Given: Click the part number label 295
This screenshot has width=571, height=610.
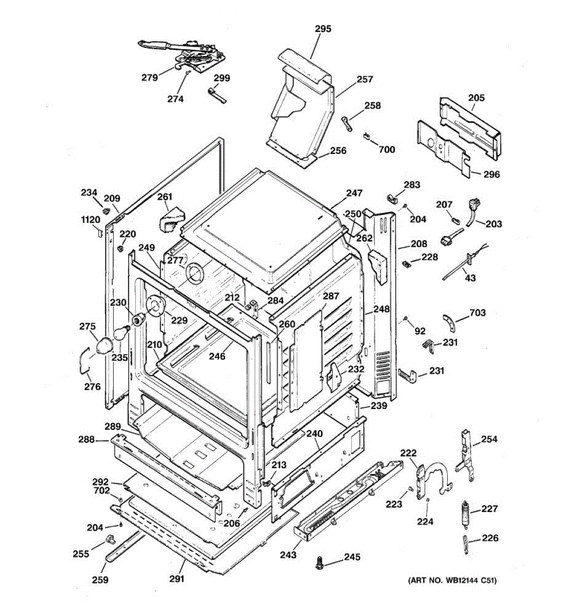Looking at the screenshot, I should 323,29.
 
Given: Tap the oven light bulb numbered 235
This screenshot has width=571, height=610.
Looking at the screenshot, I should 121,334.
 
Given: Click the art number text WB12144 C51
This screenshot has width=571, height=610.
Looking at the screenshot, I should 452,580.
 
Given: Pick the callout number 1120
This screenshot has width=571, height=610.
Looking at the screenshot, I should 91,220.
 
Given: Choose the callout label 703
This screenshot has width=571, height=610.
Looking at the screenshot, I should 477,313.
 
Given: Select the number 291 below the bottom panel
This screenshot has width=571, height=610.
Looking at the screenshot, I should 177,578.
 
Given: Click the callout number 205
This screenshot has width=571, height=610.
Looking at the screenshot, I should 476,98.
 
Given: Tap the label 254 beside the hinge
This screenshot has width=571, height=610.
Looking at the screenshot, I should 489,439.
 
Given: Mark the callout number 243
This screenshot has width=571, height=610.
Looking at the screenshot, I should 288,555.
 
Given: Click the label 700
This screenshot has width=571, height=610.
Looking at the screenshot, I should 387,149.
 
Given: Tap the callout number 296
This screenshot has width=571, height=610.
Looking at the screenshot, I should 491,174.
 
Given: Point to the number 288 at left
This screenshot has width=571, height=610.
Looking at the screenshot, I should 86,439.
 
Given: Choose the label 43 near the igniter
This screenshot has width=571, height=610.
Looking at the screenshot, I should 471,278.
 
